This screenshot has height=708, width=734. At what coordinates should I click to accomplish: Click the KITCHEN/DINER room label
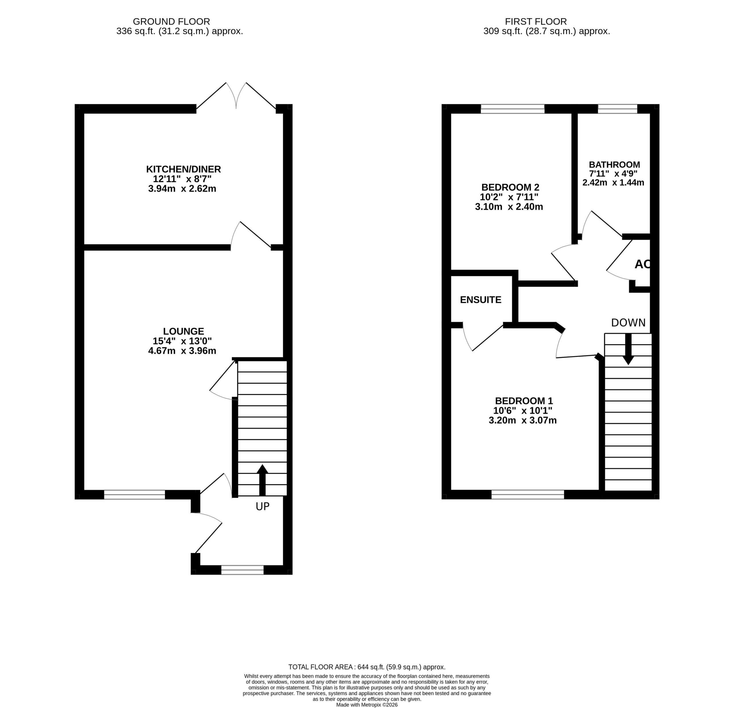(x=183, y=169)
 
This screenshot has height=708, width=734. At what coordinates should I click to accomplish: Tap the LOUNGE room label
(x=183, y=331)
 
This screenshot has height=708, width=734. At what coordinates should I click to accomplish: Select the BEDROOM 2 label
(x=510, y=187)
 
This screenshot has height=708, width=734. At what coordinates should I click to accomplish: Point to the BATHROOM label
(x=614, y=164)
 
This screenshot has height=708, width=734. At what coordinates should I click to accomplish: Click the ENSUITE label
(x=481, y=300)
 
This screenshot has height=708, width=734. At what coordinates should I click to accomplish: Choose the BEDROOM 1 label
(x=524, y=400)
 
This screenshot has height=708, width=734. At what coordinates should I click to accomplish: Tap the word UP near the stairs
(x=263, y=506)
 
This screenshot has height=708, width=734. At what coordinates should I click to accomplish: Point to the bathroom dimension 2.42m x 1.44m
(x=613, y=183)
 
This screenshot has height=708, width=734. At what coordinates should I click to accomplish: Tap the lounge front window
(x=134, y=495)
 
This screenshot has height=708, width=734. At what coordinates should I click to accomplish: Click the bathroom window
(x=618, y=109)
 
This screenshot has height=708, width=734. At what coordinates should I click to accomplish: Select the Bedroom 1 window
(x=528, y=495)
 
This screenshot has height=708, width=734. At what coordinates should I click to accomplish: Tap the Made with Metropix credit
(x=367, y=705)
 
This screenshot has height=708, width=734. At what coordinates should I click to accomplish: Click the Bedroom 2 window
(x=512, y=109)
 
